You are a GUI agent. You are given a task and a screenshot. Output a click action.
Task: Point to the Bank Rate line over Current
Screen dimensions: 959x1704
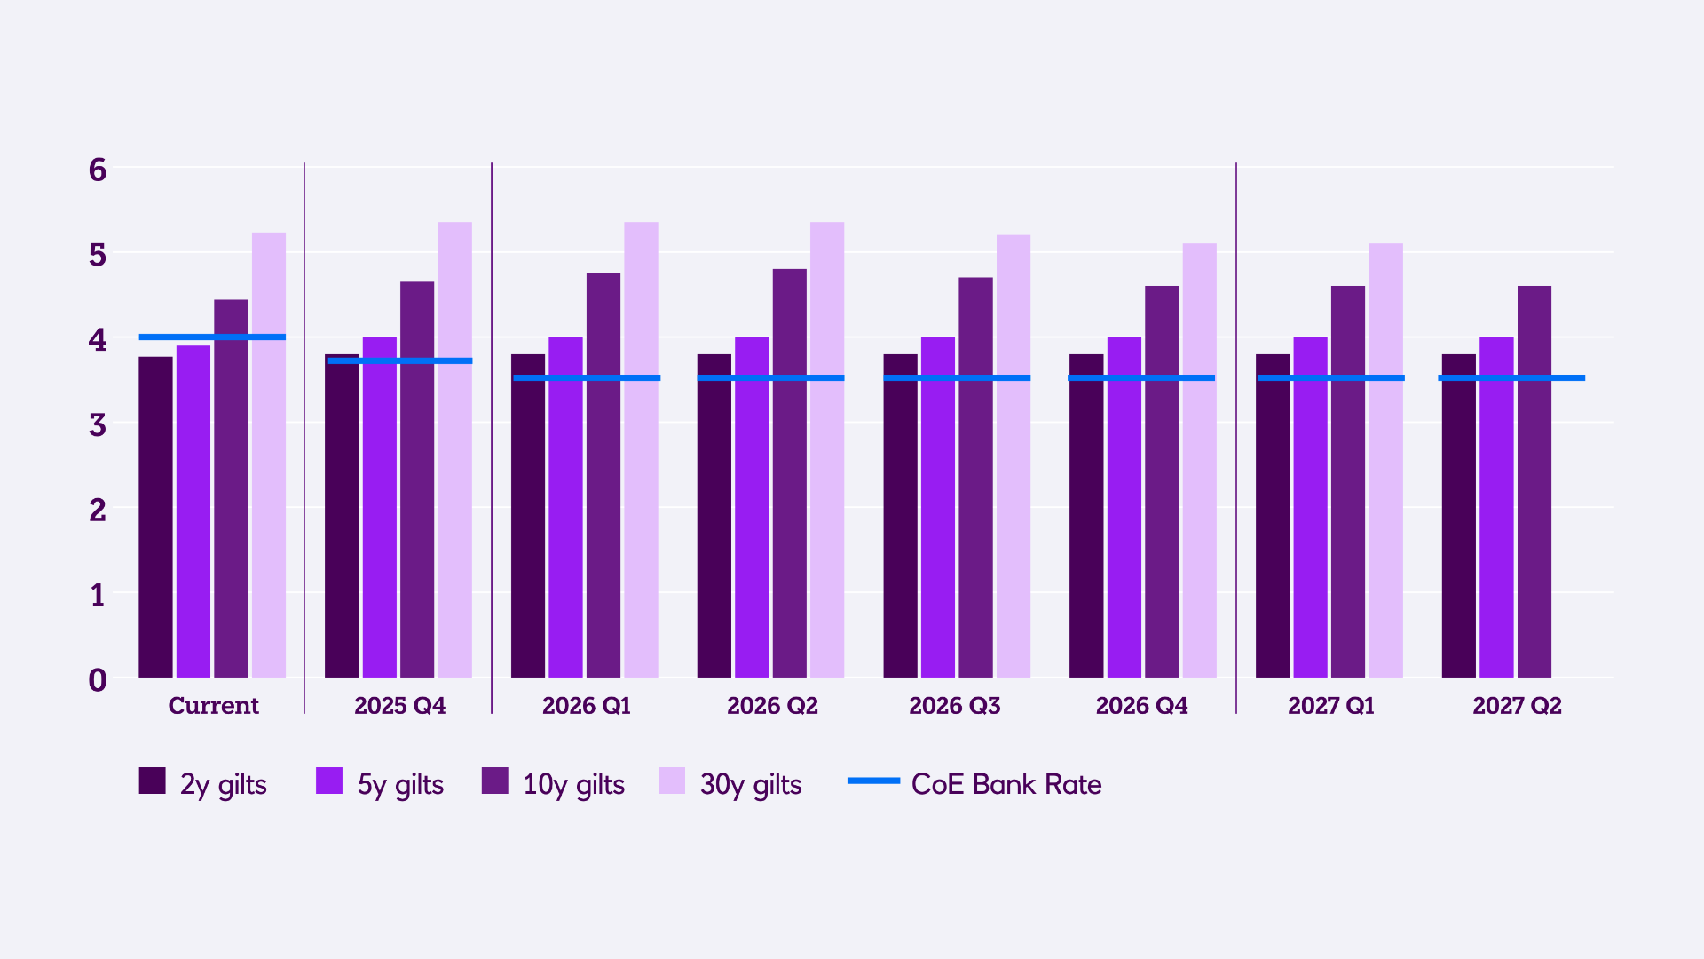click(x=212, y=337)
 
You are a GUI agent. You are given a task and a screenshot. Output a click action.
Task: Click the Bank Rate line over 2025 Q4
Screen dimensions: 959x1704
click(x=399, y=361)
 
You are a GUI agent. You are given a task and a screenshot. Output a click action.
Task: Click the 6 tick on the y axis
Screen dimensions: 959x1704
click(x=98, y=170)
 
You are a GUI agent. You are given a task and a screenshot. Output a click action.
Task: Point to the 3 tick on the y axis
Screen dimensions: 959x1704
click(x=98, y=424)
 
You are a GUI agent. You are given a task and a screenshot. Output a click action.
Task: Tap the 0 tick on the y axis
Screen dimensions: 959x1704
click(x=98, y=680)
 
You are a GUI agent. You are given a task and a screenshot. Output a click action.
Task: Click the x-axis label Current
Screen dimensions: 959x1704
click(x=213, y=706)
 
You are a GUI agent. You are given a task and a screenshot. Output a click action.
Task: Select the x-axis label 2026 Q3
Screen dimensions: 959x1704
click(x=954, y=706)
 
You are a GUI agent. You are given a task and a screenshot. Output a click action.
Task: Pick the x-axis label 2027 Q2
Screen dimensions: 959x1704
click(x=1517, y=706)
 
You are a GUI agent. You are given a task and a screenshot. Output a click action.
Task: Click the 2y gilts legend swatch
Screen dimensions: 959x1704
click(x=153, y=781)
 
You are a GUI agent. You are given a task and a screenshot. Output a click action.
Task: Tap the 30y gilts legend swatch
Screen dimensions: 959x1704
click(x=672, y=781)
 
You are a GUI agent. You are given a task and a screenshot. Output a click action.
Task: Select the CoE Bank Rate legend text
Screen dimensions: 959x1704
click(x=1006, y=784)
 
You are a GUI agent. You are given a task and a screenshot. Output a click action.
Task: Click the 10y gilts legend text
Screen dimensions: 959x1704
click(x=573, y=784)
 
